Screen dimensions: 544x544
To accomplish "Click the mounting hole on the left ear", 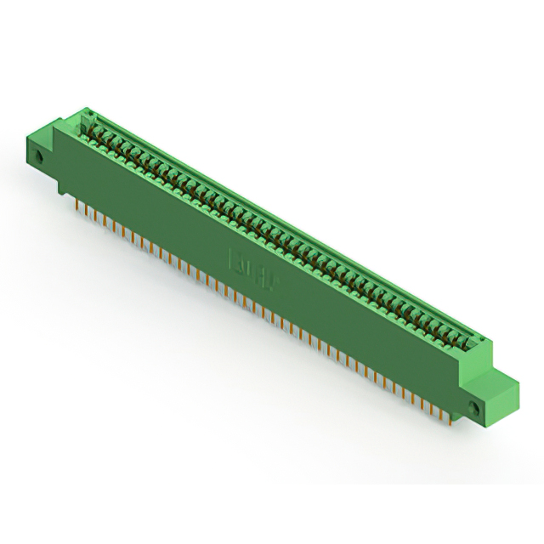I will pyautogui.click(x=39, y=156).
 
